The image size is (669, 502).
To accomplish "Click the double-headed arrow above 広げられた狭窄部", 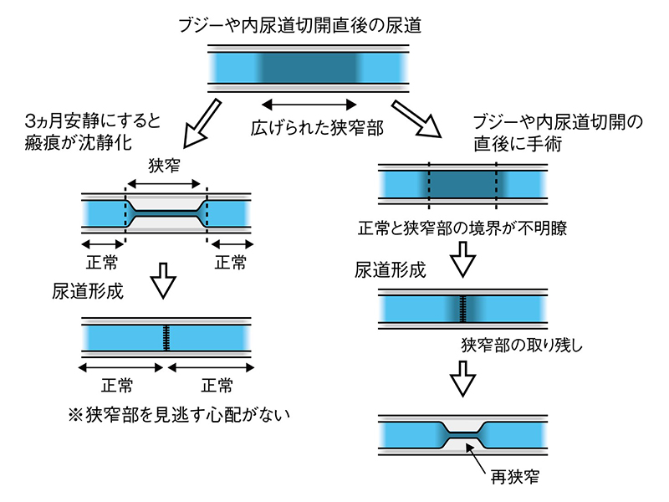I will pos(309,105).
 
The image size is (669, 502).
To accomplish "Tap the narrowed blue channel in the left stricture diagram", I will pos(166,214).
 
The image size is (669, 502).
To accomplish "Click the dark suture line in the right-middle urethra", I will pos(462,310).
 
